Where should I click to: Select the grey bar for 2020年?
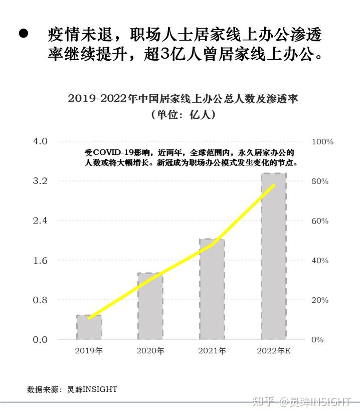tap(150, 306)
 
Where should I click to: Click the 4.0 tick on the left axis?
tap(40, 141)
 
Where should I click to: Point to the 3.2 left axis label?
tap(40, 181)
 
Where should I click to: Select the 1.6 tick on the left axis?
tap(40, 261)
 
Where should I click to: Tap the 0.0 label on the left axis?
tap(40, 340)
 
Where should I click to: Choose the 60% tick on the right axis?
tap(320, 221)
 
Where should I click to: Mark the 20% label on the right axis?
tap(320, 300)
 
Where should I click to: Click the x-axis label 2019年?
tap(89, 351)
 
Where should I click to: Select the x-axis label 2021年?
tap(212, 351)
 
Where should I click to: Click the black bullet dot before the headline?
tap(23, 35)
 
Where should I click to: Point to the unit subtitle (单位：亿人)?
tap(183, 115)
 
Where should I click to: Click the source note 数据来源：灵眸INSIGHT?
tap(72, 389)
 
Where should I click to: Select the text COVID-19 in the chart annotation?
tap(111, 152)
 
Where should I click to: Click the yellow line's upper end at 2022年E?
tap(274, 185)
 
